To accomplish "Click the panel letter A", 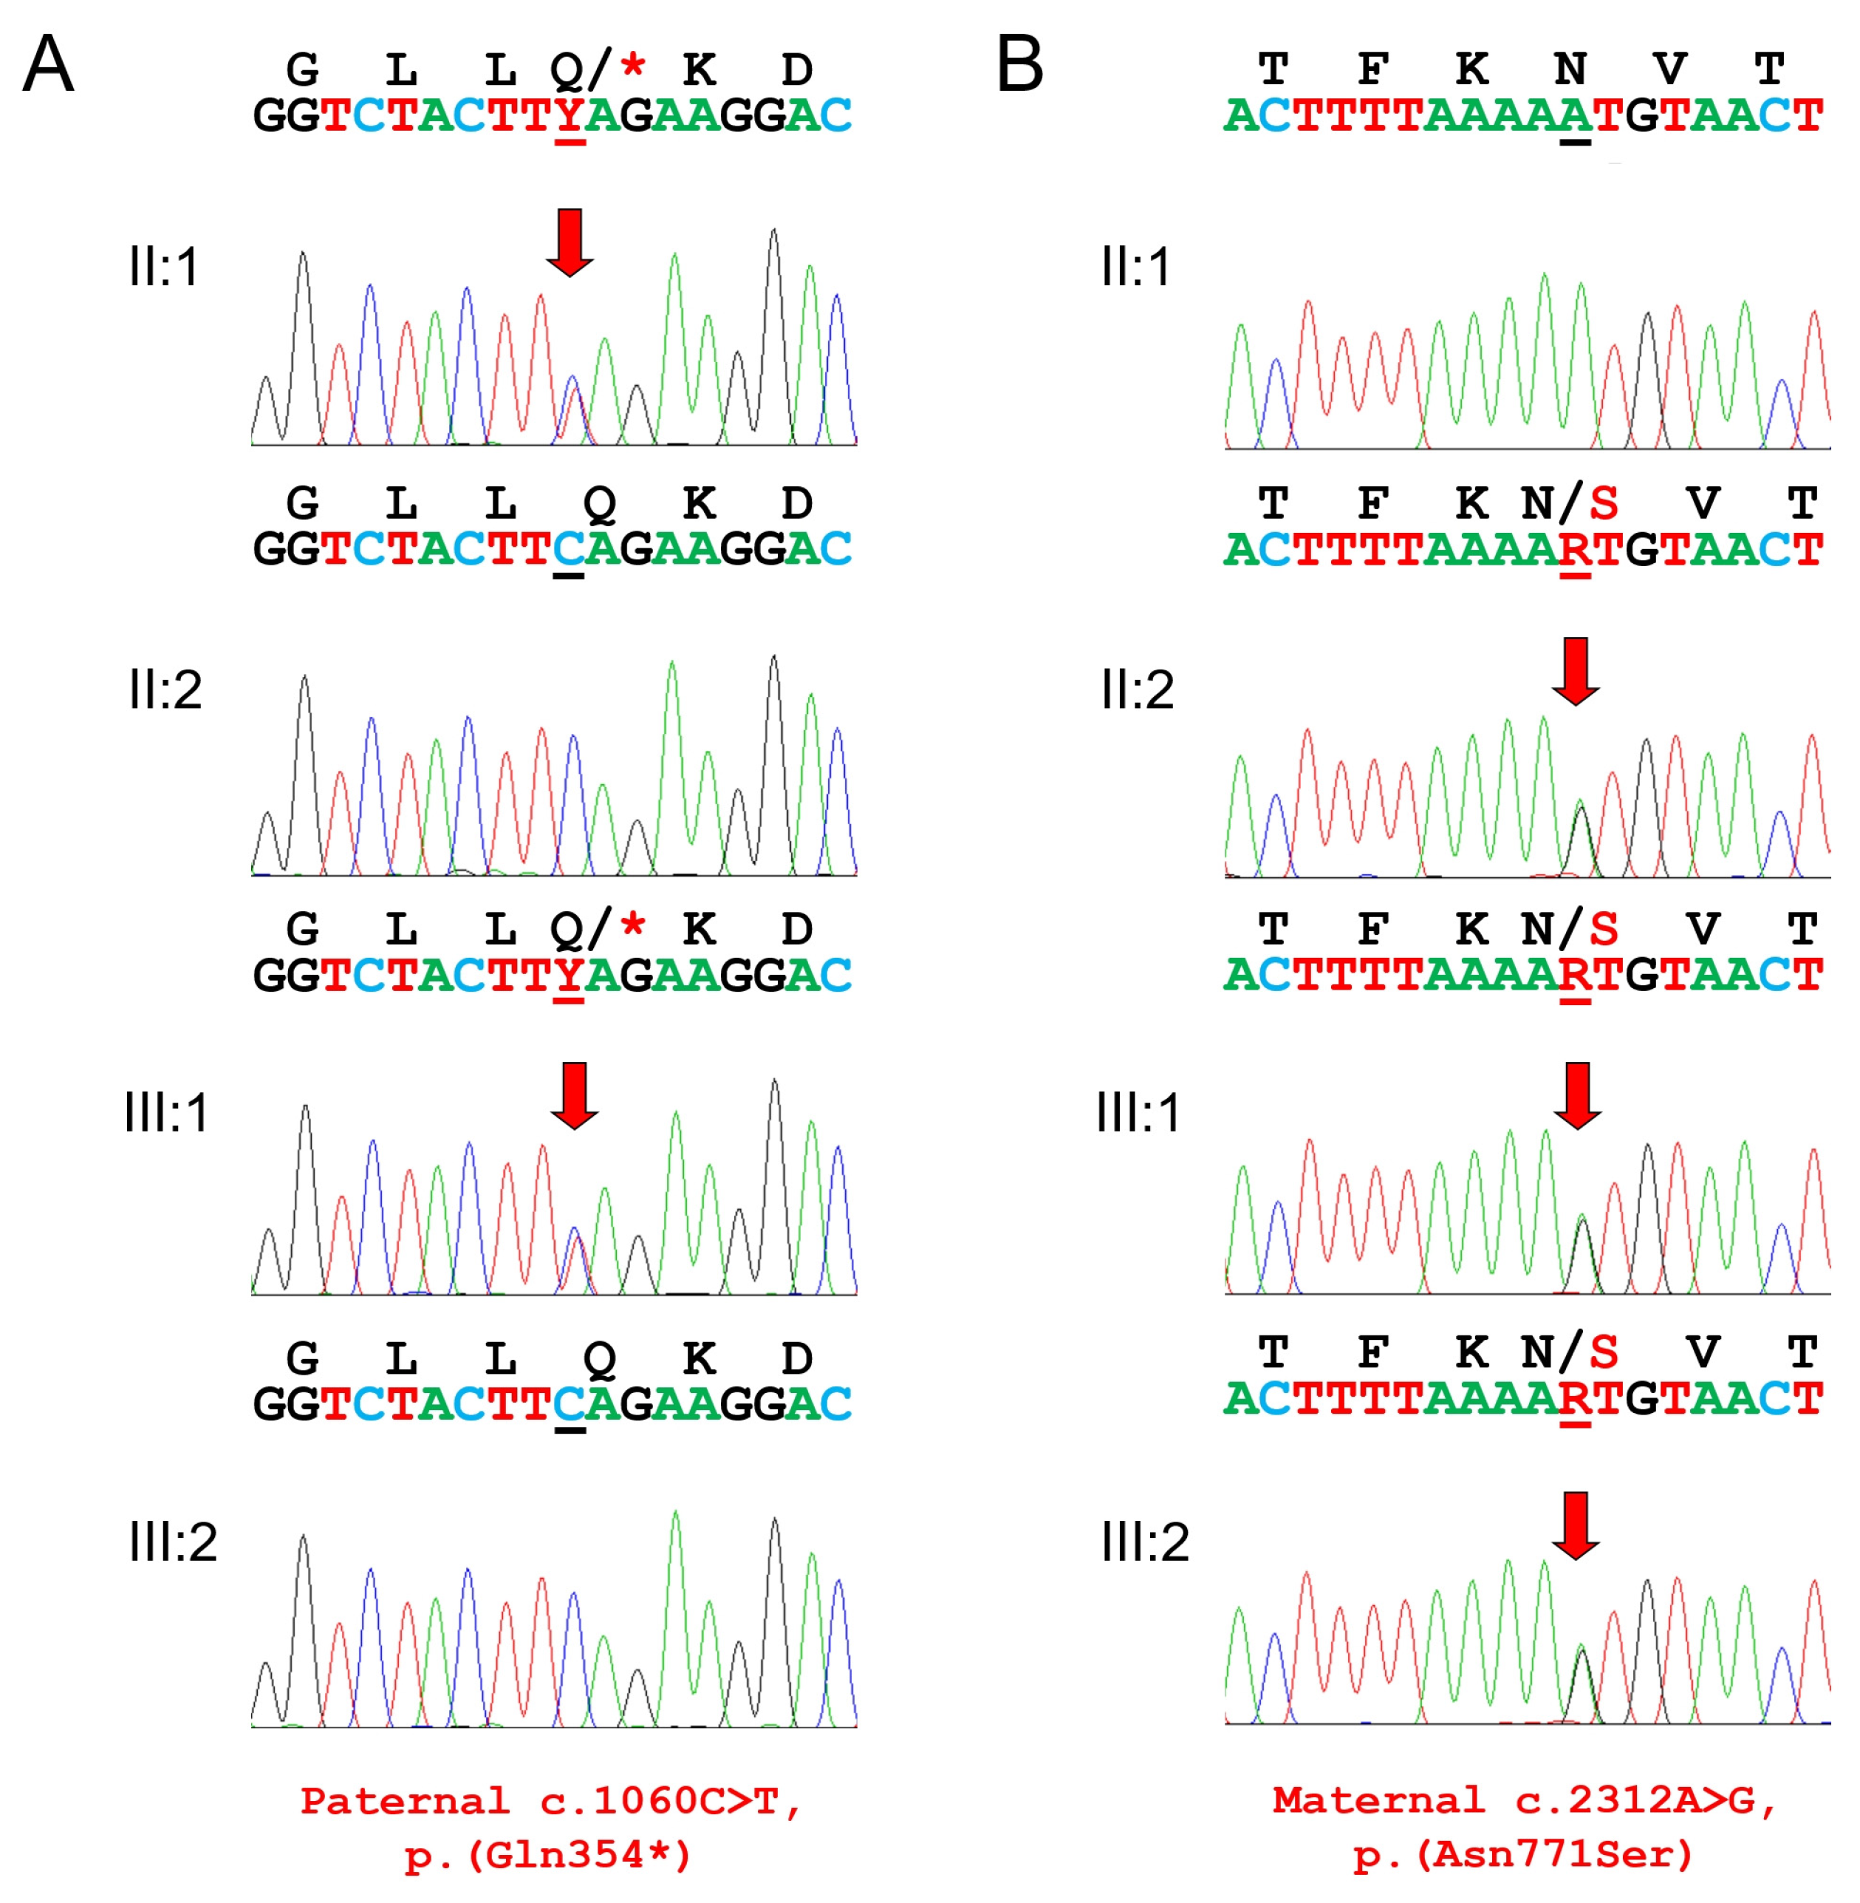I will (48, 64).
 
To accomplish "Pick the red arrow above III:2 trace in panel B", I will (1576, 1524).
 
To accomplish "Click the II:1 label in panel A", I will (164, 267).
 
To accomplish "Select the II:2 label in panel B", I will (1137, 690).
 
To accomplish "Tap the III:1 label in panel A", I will (166, 1113).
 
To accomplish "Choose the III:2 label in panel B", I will (1145, 1542).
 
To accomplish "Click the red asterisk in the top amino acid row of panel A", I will (633, 67).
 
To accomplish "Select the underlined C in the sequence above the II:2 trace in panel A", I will (569, 549).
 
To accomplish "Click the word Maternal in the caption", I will (1378, 1800).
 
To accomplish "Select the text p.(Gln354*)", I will (548, 1855).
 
